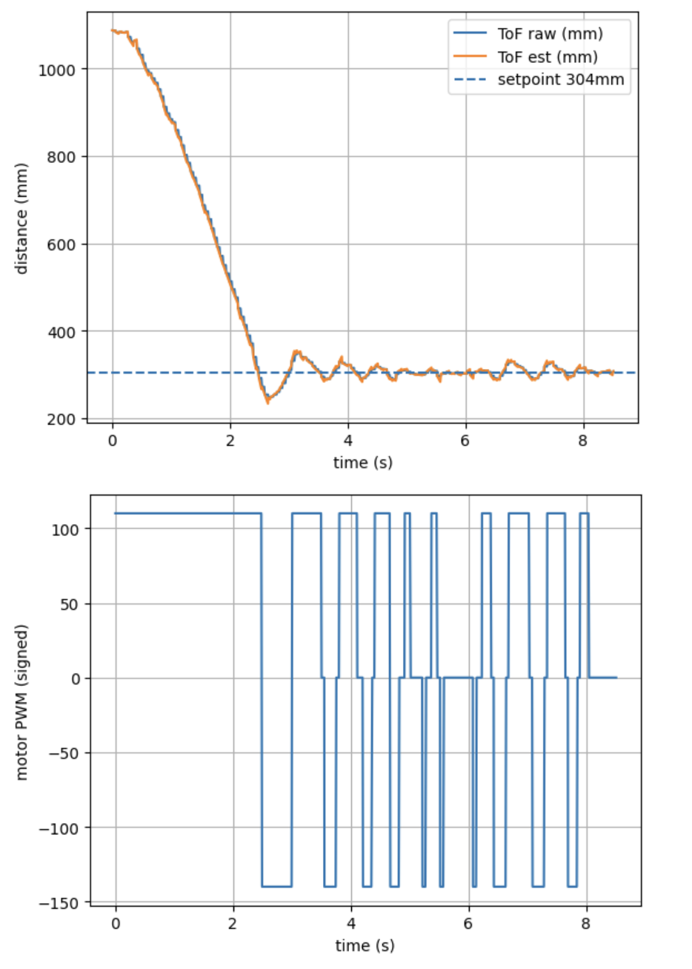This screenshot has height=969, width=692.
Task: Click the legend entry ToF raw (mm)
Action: point(549,34)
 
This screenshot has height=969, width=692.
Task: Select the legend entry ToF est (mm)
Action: point(547,57)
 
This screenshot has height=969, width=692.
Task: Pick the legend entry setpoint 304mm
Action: point(560,80)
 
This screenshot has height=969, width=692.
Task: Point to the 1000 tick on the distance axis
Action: point(58,70)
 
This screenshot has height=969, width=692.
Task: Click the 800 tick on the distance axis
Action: point(62,157)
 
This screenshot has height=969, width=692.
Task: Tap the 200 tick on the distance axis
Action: point(62,419)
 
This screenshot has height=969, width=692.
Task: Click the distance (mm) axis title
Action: point(21,219)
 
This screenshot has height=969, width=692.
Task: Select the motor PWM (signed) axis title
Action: point(21,702)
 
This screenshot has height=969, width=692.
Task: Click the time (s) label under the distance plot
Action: point(362,463)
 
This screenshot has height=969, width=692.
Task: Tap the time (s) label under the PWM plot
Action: point(365,946)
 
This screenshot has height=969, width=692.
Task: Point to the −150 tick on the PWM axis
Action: point(61,903)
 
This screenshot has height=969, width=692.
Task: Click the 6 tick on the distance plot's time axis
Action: point(466,440)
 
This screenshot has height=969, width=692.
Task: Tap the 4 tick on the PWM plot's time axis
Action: point(351,923)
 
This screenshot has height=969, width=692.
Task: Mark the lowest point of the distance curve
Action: point(267,402)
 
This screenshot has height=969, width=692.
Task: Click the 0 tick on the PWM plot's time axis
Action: point(116,923)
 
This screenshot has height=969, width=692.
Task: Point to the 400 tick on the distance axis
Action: point(62,332)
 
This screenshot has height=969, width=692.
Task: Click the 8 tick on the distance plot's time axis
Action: point(583,440)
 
